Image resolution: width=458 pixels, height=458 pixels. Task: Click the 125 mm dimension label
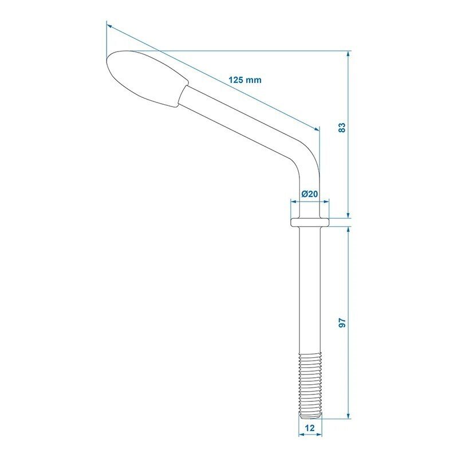pyautogui.click(x=245, y=80)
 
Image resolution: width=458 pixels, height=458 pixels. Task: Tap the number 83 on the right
pyautogui.click(x=342, y=128)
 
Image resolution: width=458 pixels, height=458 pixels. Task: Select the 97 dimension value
pyautogui.click(x=342, y=323)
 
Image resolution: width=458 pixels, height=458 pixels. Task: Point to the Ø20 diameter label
pyautogui.click(x=310, y=194)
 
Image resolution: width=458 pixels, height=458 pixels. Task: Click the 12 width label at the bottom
pyautogui.click(x=310, y=428)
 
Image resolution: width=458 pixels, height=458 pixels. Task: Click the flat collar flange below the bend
pyautogui.click(x=310, y=222)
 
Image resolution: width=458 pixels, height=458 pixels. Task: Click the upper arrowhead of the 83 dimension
pyautogui.click(x=348, y=54)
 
